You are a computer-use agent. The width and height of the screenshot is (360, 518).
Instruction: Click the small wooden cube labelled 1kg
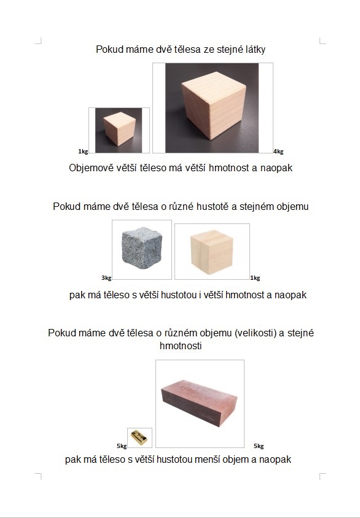coord(119,129)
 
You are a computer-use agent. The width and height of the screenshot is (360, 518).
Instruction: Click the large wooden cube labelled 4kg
coord(214,105)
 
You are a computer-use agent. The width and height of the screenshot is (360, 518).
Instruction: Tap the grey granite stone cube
coord(142,248)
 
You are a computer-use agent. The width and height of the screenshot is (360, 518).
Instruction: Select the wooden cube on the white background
coord(212,252)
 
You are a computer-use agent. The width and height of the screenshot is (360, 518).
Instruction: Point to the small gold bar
coord(139,438)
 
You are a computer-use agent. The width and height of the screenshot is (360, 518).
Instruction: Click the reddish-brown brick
coord(199,403)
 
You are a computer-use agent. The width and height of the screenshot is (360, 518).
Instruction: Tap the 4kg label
coord(278,152)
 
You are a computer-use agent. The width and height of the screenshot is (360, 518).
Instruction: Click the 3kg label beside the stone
coord(106,278)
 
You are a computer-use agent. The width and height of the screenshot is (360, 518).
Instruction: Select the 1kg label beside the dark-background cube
coord(83,152)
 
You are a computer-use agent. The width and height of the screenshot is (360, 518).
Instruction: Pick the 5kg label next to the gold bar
coord(122,446)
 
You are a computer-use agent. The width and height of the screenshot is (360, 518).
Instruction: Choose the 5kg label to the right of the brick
coord(259,446)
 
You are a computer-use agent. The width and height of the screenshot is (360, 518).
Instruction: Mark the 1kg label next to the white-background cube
coord(255,278)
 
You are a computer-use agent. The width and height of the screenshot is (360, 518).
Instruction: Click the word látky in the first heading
coord(255,50)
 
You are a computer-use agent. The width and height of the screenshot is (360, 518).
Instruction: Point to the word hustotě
coord(212,206)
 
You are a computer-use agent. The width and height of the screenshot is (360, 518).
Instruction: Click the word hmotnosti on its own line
coord(181,346)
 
